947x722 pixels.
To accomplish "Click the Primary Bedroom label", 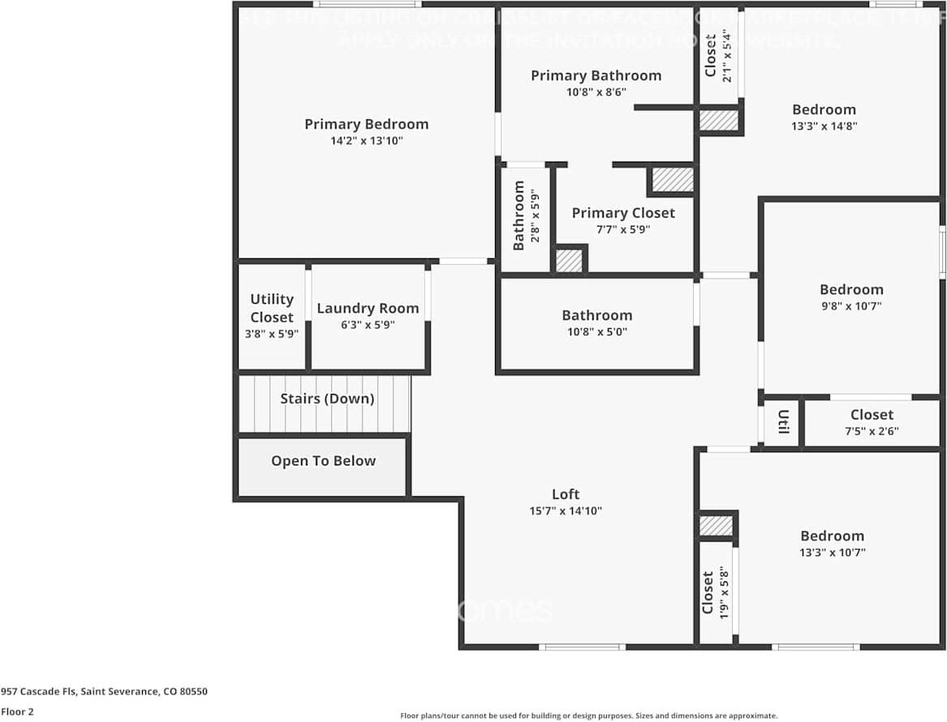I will coord(366,124).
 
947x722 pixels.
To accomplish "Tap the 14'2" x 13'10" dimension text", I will coord(366,141).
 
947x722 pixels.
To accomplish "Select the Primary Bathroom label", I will coord(596,76).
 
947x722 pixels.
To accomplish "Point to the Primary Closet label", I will coord(623,213).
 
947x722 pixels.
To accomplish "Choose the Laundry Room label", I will coord(368,309).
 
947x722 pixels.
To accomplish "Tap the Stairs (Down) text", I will coord(327,399).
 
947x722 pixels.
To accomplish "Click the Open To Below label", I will coord(323,461).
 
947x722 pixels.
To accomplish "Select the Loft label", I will coord(566,494).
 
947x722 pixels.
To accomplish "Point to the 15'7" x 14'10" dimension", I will coord(566,512).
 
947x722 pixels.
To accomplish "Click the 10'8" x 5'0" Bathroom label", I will coord(597,316).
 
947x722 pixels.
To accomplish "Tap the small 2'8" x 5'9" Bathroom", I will coord(525,216).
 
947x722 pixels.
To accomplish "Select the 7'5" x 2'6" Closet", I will coord(872,422).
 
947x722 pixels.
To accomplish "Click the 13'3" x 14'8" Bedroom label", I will coord(824,110).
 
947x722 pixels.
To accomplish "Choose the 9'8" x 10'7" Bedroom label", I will coord(851,290).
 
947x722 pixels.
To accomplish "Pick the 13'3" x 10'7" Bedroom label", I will coord(832,536).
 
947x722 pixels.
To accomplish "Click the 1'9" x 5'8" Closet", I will coord(714,593).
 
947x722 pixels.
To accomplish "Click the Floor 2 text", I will coord(17,711).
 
